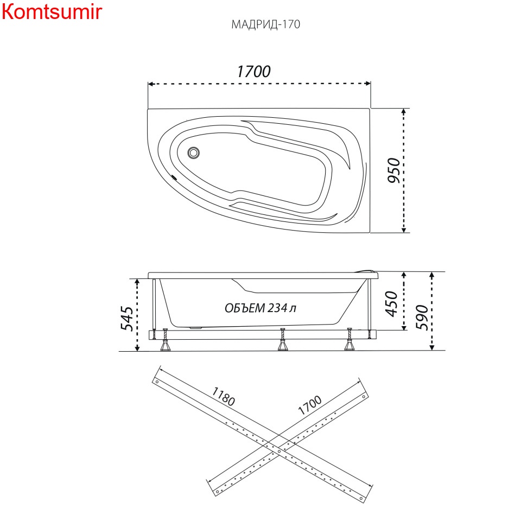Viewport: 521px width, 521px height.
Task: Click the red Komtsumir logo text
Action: [52, 12]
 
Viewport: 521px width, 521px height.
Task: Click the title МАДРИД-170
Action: [265, 24]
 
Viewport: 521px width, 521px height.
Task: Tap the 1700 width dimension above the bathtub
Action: [253, 72]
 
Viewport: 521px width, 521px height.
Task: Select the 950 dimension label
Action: [394, 170]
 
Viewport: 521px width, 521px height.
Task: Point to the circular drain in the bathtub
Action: [193, 153]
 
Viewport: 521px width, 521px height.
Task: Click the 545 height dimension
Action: [126, 319]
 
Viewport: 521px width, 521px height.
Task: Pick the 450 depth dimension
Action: [391, 304]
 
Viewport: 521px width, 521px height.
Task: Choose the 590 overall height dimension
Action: [422, 317]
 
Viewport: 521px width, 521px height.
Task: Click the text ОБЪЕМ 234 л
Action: [260, 308]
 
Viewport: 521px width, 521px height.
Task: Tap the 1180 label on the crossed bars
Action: [224, 397]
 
